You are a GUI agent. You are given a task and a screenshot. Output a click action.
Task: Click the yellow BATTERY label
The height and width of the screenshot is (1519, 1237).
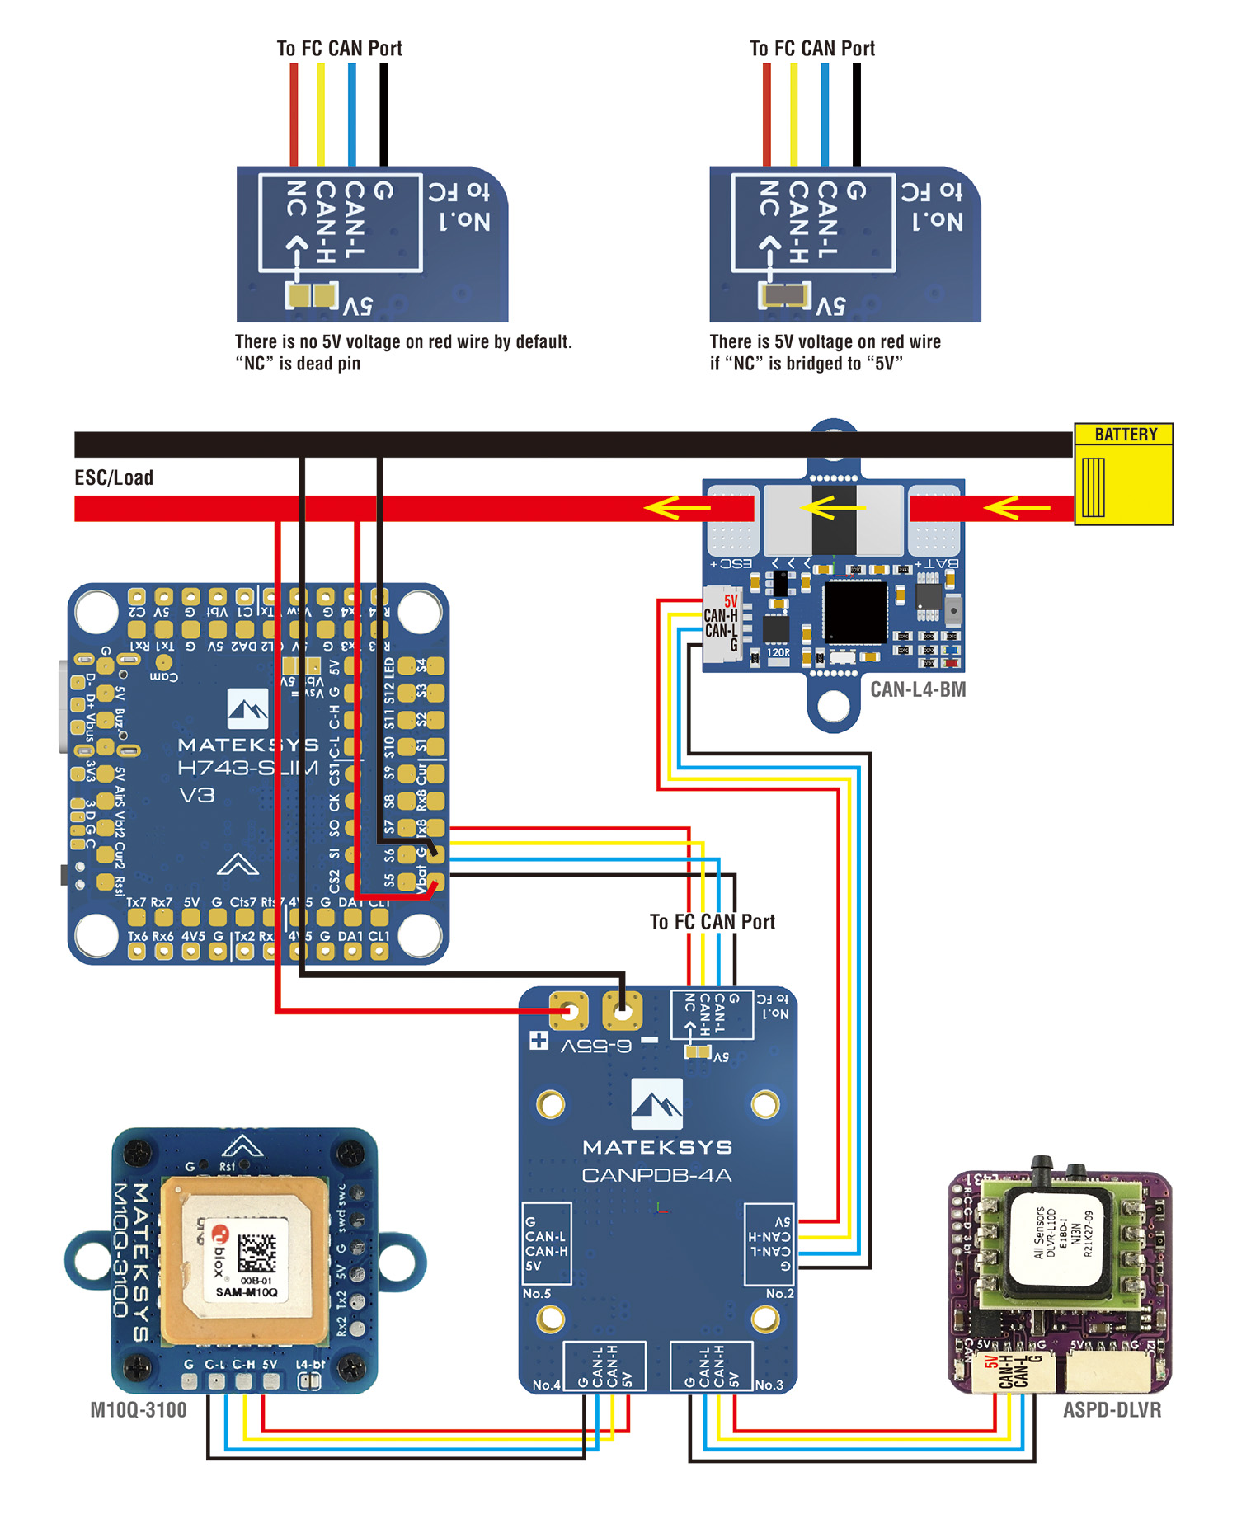[1125, 435]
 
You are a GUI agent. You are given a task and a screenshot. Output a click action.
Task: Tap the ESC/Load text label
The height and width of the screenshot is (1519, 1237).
[114, 478]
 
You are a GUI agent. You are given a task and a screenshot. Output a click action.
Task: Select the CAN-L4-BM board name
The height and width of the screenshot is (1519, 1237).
[918, 689]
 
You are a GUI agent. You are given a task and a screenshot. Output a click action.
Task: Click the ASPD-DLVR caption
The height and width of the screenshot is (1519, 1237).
[1112, 1410]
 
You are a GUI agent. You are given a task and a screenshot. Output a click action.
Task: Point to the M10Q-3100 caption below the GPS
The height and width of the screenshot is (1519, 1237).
[138, 1410]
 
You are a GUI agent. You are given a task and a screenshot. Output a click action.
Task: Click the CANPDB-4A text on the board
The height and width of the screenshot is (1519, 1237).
[656, 1175]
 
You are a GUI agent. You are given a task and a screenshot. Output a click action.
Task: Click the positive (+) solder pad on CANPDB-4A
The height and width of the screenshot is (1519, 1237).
[569, 1011]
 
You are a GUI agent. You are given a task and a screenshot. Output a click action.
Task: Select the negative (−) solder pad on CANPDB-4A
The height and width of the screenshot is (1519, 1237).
[623, 1011]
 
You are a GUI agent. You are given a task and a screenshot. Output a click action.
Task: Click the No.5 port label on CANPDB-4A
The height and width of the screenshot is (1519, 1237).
[536, 1294]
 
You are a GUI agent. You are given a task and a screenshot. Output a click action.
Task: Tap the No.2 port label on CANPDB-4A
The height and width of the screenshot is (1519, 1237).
[779, 1294]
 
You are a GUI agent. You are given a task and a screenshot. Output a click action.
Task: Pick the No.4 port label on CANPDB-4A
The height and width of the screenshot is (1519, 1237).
[546, 1385]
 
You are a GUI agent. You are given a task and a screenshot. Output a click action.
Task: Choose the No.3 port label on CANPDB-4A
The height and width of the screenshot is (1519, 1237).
[769, 1385]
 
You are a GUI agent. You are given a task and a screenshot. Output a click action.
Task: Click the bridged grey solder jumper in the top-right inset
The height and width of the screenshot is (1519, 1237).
[784, 294]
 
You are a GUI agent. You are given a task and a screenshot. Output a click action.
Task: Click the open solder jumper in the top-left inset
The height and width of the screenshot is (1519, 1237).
[312, 294]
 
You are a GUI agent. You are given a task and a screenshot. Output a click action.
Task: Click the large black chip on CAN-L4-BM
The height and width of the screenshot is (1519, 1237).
[855, 611]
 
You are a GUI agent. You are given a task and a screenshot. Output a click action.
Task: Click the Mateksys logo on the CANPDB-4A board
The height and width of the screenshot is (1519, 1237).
[656, 1103]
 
